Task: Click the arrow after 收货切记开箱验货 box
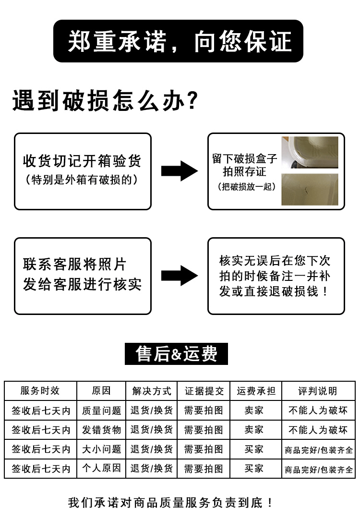pos(179,171)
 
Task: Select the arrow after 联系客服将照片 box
pos(179,276)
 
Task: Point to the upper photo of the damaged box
pos(309,152)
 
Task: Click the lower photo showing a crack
pos(309,190)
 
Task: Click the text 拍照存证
pos(244,171)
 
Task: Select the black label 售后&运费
pos(176,354)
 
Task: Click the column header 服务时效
pos(40,391)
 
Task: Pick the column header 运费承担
pos(256,391)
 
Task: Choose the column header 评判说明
pos(317,391)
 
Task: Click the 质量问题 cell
pos(101,411)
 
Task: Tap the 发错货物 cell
pos(101,430)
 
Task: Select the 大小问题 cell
pos(101,449)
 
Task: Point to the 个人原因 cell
pos(101,468)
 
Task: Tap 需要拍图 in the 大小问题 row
pos(204,449)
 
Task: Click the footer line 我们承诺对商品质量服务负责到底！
pos(171,503)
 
